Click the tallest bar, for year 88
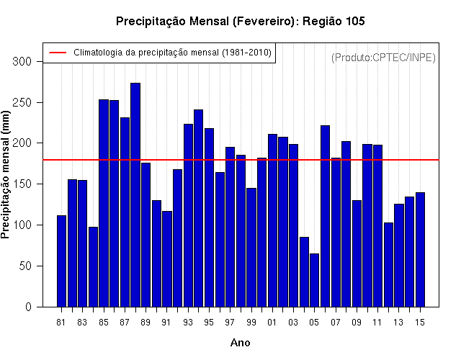pyautogui.click(x=135, y=195)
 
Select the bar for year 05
pyautogui.click(x=314, y=280)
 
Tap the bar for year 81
pyautogui.click(x=61, y=261)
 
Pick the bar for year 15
pyautogui.click(x=420, y=250)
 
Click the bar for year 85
pyautogui.click(x=104, y=203)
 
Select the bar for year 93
pyautogui.click(x=188, y=215)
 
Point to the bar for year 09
pyautogui.click(x=357, y=253)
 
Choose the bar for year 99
pyautogui.click(x=251, y=248)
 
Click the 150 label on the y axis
pyautogui.click(x=22, y=184)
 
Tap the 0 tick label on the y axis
pyautogui.click(x=28, y=307)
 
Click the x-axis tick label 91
pyautogui.click(x=166, y=323)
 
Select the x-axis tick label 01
pyautogui.click(x=272, y=323)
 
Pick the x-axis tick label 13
pyautogui.click(x=398, y=323)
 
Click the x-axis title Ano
pyautogui.click(x=241, y=343)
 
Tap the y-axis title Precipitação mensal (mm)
pyautogui.click(x=5, y=174)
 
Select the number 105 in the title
pyautogui.click(x=355, y=21)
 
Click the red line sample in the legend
pyautogui.click(x=58, y=53)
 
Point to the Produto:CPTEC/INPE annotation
pyautogui.click(x=383, y=58)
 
